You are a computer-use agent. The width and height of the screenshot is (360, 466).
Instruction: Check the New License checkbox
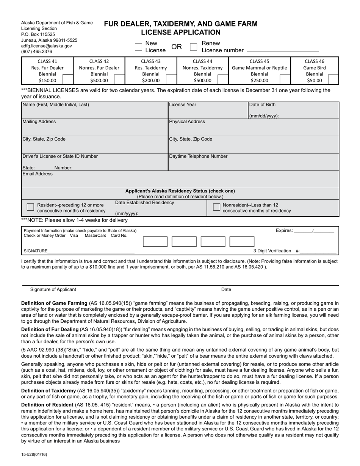point(139,47)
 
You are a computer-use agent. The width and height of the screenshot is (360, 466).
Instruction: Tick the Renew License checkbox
point(194,47)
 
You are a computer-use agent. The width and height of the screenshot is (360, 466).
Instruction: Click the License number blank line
point(283,51)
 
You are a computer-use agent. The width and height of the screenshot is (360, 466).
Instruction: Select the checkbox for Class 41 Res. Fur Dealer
point(67,79)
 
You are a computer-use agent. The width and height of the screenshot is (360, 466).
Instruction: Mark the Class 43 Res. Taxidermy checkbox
point(171,79)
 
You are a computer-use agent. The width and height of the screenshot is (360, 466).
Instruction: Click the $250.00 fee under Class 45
point(260,80)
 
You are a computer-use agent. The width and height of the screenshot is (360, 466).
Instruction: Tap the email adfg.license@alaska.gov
point(46,46)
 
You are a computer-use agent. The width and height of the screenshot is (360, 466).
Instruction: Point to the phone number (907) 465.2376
point(37,52)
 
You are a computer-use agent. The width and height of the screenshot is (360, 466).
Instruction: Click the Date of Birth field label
point(262,105)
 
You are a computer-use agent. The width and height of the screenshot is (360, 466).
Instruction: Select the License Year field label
point(183,105)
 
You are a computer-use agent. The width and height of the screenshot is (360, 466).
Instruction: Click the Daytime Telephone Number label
point(198,156)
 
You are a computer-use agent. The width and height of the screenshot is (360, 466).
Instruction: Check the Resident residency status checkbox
point(30,207)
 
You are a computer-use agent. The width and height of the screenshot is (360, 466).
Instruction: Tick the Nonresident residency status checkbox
point(216,207)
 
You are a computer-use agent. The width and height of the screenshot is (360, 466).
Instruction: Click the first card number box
point(155,242)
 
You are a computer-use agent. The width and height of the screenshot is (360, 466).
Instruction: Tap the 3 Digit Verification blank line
point(318,251)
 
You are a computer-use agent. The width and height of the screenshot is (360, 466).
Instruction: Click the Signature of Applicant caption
point(53,289)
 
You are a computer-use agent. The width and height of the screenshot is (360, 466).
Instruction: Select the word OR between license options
point(177,47)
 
